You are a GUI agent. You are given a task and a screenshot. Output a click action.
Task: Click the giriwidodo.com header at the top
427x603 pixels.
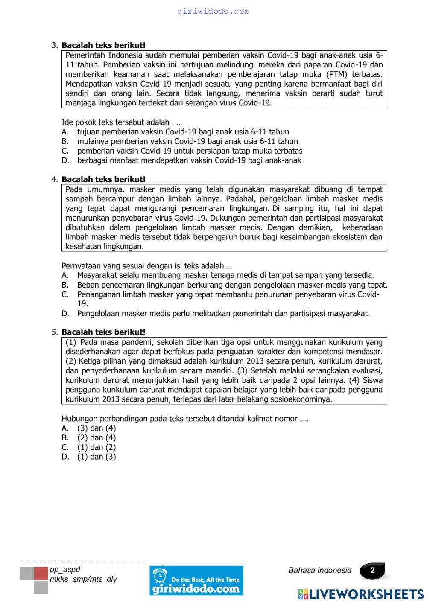(x=213, y=12)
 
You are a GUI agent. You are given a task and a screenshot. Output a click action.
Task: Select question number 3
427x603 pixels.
(x=54, y=45)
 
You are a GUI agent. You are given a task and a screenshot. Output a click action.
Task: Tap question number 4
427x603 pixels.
(x=54, y=180)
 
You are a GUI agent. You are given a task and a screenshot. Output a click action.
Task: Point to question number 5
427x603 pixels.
(x=54, y=332)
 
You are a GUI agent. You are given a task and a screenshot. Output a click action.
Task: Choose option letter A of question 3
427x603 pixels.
(x=65, y=132)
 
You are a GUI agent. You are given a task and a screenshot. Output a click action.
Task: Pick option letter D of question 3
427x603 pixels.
(x=65, y=160)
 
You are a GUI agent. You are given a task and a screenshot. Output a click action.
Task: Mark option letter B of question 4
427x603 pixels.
(x=65, y=285)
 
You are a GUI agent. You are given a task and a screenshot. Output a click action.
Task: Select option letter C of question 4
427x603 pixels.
(x=65, y=294)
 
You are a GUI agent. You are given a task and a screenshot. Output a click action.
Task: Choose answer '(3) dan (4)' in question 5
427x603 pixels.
(x=97, y=428)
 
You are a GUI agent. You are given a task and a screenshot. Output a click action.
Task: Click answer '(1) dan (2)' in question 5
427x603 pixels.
(x=97, y=447)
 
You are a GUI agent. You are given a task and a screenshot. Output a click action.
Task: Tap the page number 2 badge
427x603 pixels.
(x=372, y=571)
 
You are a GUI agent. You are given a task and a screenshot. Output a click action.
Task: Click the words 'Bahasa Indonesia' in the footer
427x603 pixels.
(x=320, y=571)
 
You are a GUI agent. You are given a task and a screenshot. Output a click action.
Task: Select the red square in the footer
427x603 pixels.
(x=41, y=574)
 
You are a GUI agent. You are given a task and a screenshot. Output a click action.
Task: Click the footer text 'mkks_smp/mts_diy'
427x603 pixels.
(x=83, y=579)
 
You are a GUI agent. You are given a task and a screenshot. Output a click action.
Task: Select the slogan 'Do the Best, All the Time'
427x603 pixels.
(x=205, y=580)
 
